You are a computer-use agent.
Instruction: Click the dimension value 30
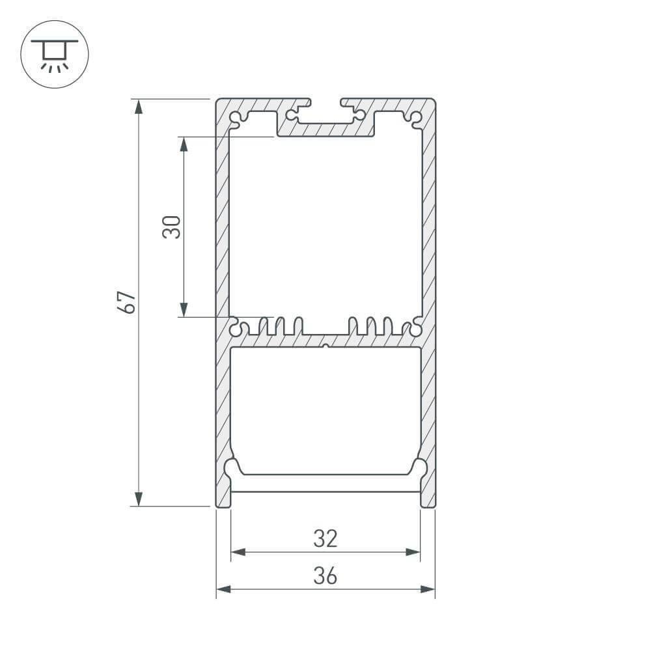[x=172, y=227]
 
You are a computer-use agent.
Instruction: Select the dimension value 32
[x=325, y=538]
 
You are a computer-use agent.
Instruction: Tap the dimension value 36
[x=325, y=575]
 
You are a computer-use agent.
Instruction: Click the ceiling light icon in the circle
[x=55, y=54]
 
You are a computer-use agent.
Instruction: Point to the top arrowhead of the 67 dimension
[x=138, y=106]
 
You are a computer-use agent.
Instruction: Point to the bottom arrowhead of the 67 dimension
[x=138, y=499]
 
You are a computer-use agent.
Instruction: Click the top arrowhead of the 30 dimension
[x=184, y=144]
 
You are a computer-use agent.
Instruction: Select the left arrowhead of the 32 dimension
[x=238, y=552]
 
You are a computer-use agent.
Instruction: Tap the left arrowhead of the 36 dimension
[x=223, y=589]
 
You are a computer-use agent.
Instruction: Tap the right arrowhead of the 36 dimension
[x=428, y=589]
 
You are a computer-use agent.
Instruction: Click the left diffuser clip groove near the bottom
[x=231, y=467]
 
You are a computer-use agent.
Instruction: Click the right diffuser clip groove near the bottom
[x=420, y=467]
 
